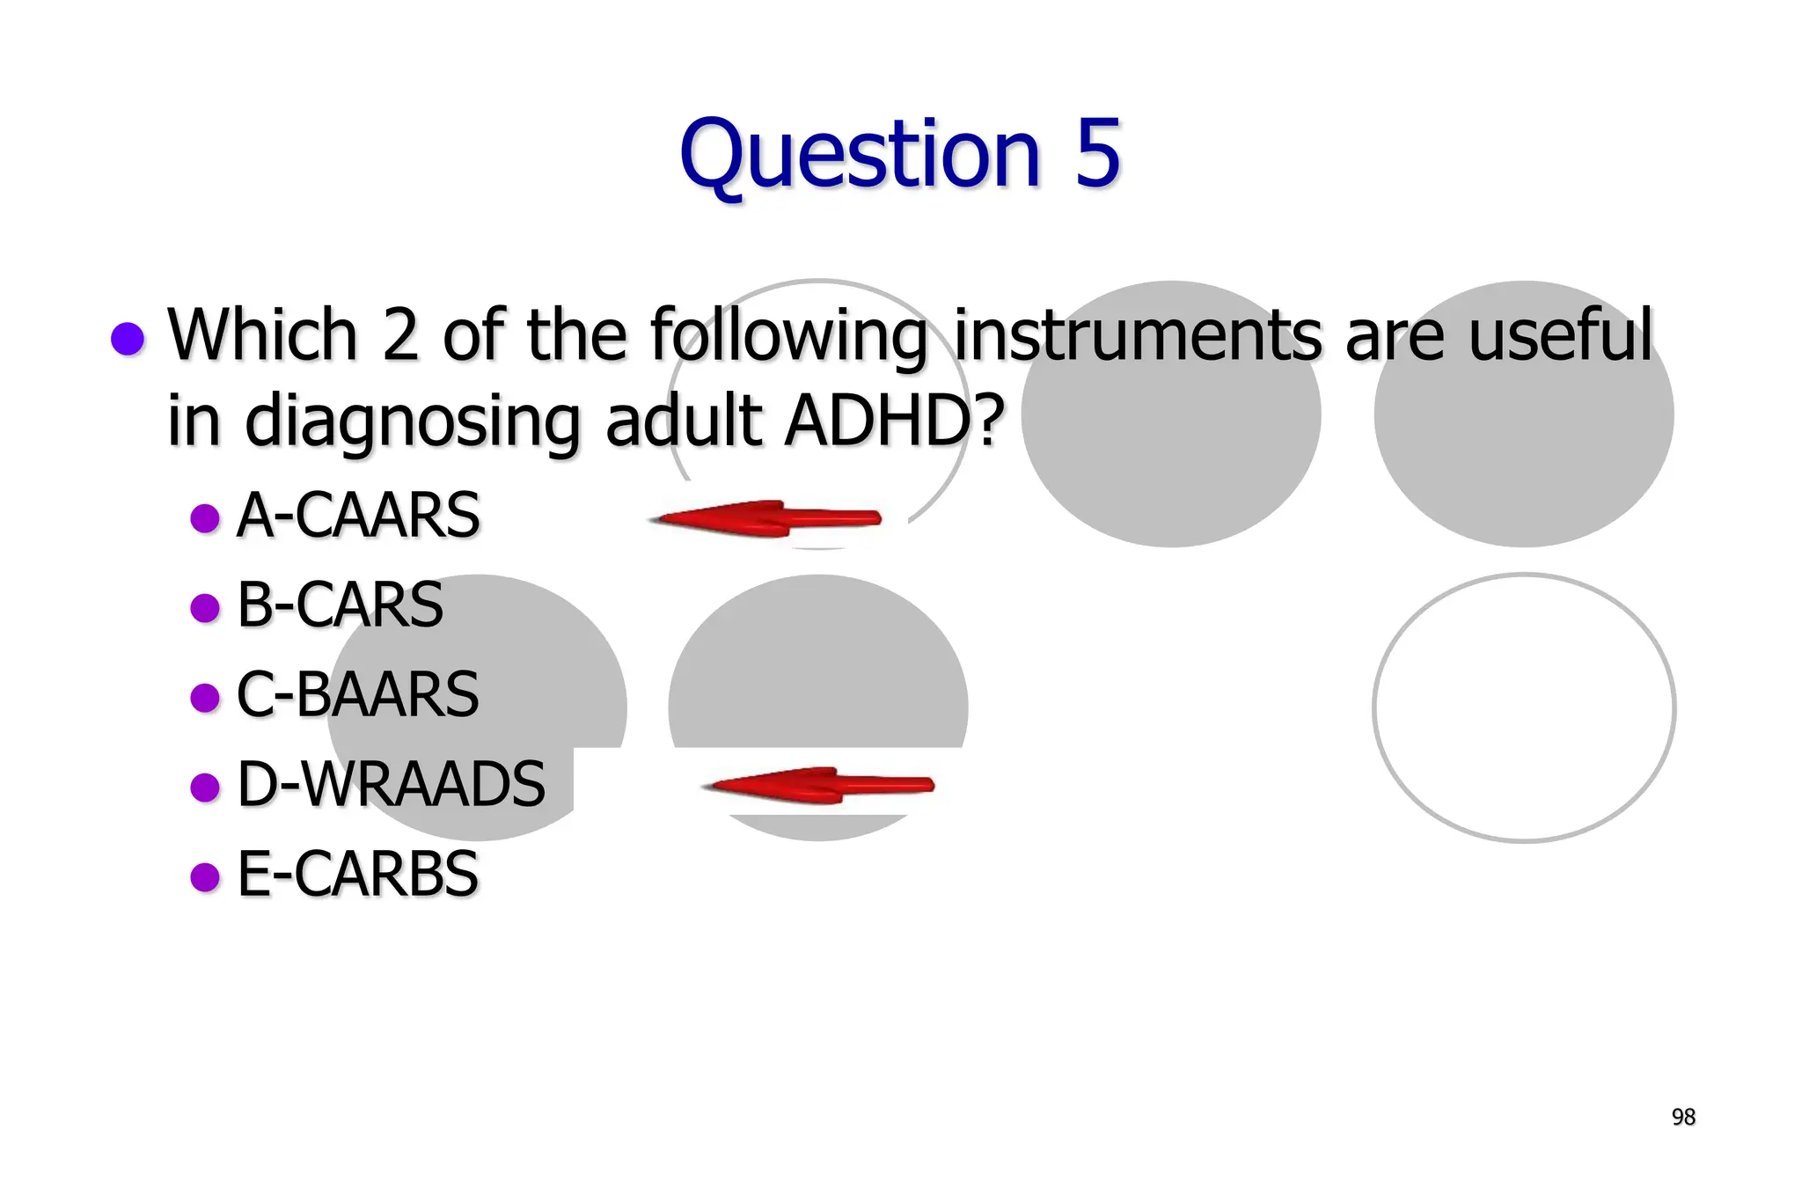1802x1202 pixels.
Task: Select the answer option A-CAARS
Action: [x=358, y=516]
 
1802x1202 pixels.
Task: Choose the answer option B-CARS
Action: [x=340, y=605]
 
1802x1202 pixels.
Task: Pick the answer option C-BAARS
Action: [x=357, y=695]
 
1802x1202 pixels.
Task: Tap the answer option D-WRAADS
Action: [x=391, y=784]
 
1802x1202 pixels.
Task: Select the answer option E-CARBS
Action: [x=357, y=875]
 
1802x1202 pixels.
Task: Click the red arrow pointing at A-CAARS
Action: [x=765, y=518]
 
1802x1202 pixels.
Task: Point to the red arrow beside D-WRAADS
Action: [x=818, y=785]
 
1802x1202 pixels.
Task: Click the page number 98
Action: [x=1682, y=1117]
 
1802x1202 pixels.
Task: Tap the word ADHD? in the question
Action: [x=894, y=421]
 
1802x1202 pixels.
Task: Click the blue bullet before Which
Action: [x=128, y=339]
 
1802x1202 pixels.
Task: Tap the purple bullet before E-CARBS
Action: [x=205, y=876]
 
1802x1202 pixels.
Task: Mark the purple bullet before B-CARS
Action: [x=205, y=607]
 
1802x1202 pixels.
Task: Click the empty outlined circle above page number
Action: [x=1524, y=708]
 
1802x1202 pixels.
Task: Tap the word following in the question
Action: [x=789, y=337]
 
